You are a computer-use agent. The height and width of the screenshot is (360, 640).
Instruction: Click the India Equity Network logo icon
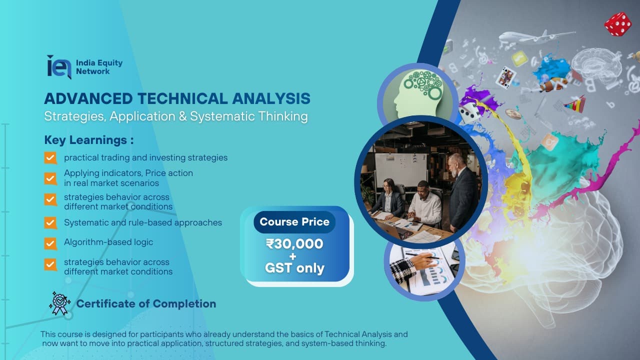coord(58,66)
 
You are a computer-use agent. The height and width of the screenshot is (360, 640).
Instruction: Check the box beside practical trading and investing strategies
coord(50,158)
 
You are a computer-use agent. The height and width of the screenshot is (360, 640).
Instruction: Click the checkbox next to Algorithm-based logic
coord(50,243)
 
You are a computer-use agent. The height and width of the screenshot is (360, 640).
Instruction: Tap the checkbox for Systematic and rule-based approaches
coord(50,223)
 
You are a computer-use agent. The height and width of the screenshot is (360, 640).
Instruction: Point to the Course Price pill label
coord(294,222)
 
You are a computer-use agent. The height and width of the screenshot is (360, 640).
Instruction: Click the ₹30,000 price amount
coord(294,244)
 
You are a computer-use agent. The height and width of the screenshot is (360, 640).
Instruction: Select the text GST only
coord(294,268)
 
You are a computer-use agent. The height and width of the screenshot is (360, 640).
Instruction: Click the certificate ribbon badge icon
coord(59,303)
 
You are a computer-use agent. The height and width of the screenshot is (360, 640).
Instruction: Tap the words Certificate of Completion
coord(146,304)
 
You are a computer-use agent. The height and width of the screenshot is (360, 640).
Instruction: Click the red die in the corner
coord(617,24)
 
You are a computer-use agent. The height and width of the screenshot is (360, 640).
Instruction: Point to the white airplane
coord(530,37)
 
